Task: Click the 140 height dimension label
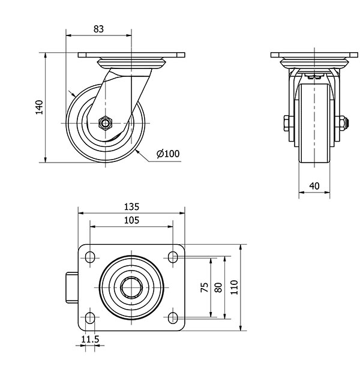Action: click(x=39, y=107)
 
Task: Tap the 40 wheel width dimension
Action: click(x=314, y=185)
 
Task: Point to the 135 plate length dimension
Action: click(x=131, y=206)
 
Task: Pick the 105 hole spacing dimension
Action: click(x=131, y=220)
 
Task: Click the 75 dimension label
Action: click(x=204, y=287)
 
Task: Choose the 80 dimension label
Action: click(x=218, y=287)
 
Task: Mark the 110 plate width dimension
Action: click(x=233, y=287)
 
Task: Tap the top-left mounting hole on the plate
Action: click(x=91, y=257)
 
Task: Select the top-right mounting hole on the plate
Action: click(x=173, y=257)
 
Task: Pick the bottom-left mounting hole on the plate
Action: click(x=91, y=317)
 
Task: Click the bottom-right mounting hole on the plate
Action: click(x=173, y=317)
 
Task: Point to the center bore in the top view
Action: click(x=132, y=287)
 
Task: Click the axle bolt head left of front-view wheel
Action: click(x=285, y=124)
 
